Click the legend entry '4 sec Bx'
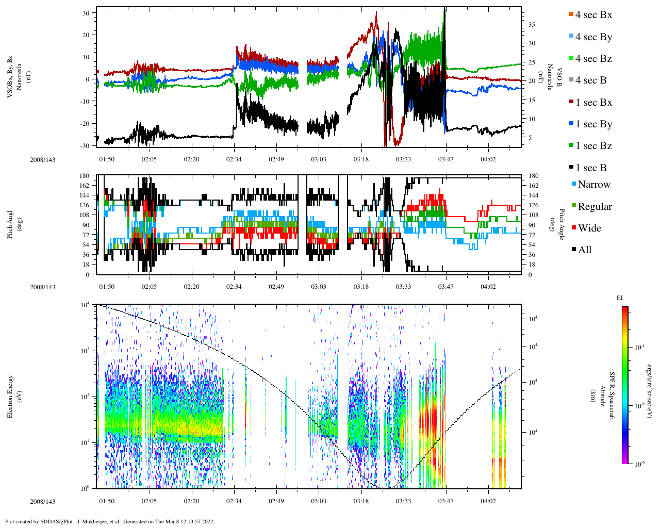click(x=593, y=15)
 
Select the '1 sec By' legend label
click(x=593, y=124)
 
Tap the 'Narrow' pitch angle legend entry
click(x=593, y=185)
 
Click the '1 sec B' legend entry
click(x=591, y=168)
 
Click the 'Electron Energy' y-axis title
click(x=10, y=396)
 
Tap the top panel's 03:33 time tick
click(x=403, y=159)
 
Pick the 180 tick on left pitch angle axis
click(x=85, y=176)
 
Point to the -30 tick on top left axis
click(x=85, y=146)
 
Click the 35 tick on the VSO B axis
click(x=531, y=25)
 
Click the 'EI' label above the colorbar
click(x=620, y=298)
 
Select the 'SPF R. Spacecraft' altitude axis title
click(x=612, y=396)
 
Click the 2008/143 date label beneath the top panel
click(x=42, y=159)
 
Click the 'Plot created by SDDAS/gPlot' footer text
click(x=109, y=521)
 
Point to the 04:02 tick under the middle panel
click(x=488, y=287)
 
